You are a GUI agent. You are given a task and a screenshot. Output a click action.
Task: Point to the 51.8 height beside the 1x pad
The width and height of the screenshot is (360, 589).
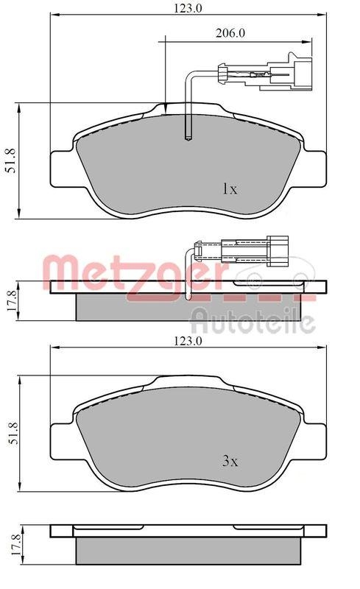10,161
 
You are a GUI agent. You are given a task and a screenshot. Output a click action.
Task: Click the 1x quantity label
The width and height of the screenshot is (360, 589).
230,189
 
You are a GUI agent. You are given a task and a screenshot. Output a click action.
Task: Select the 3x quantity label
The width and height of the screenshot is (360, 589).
230,462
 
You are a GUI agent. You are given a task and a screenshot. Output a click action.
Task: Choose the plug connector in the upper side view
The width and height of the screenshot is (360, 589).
277,249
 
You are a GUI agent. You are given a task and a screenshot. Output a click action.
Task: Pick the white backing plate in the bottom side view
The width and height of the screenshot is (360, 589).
188,531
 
